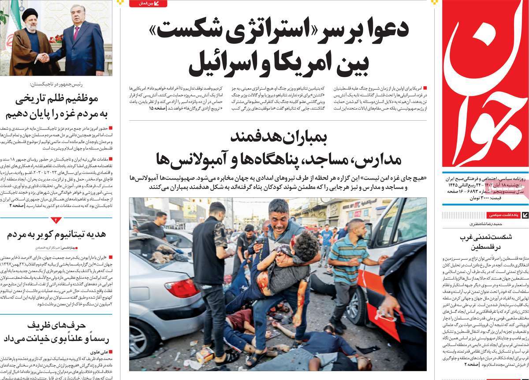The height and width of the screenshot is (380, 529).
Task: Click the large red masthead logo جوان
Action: click(x=485, y=84)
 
